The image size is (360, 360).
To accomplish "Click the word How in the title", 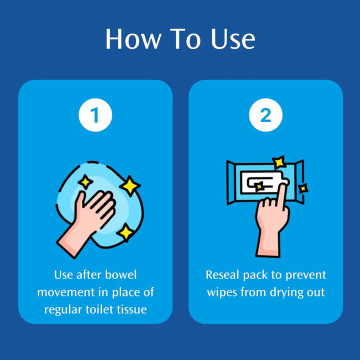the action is [133, 39].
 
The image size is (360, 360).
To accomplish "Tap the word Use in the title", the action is [233, 39].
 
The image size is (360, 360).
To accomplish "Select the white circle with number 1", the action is [95, 115].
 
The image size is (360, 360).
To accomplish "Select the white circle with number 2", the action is [265, 115].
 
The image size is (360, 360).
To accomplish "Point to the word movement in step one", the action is [66, 292].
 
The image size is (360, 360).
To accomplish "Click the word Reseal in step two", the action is [222, 275].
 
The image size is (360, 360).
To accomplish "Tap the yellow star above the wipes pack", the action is [279, 162].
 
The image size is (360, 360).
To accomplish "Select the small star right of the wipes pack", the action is [303, 188].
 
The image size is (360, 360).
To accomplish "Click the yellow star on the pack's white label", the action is [259, 186].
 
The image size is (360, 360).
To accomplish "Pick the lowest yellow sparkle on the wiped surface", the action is [125, 232].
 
